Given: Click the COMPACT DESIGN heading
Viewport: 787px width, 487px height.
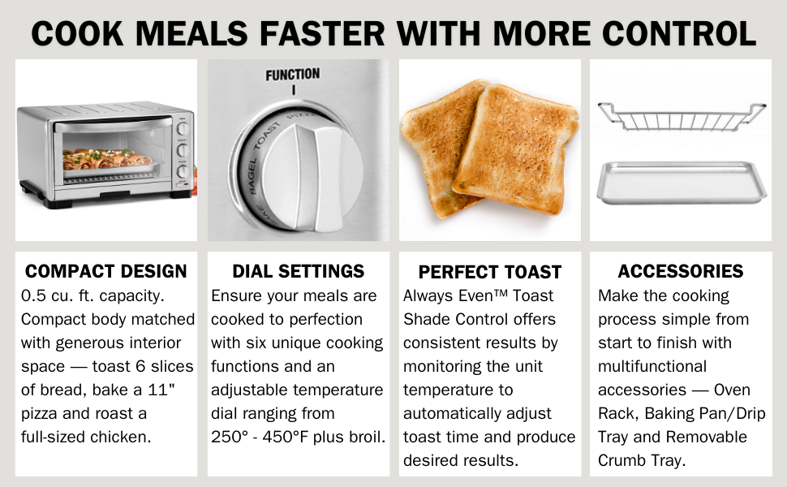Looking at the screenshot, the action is pos(106,271).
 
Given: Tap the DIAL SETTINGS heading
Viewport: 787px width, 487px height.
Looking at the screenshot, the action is pos(298,271).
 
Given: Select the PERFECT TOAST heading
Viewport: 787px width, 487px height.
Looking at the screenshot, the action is pos(490,272).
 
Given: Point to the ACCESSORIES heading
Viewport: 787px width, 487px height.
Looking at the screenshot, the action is pos(681,271).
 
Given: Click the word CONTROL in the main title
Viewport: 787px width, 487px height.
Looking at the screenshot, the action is pos(678,33).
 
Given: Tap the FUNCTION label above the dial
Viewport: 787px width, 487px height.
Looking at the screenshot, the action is pos(293,75).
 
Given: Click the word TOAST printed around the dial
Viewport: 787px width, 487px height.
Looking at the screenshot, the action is pos(266,136).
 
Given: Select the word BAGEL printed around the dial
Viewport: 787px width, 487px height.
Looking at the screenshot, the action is pos(252,176).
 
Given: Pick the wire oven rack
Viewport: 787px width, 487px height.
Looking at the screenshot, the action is pos(682,117).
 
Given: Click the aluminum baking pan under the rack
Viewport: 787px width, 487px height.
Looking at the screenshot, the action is pos(682,183).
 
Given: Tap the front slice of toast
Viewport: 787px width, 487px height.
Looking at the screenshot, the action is pos(516,149).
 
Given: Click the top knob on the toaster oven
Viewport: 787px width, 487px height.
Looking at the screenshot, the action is pos(183,128).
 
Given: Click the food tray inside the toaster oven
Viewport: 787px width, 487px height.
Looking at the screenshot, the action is pos(106,162).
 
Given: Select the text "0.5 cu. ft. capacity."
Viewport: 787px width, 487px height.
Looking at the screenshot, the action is pos(92,295).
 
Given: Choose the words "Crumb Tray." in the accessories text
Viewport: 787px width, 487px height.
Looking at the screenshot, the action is pos(642,460).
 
